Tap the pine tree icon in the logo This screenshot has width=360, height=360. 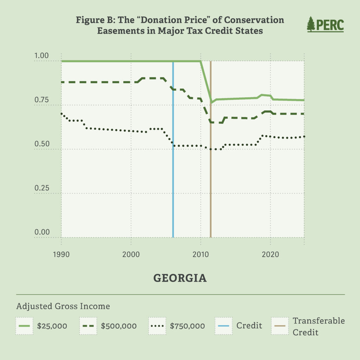click(x=311, y=24)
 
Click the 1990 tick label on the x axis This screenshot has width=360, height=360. click(x=61, y=254)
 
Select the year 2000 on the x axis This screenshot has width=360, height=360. click(x=131, y=254)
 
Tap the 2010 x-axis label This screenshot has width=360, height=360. click(x=200, y=254)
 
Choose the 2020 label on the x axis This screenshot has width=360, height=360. click(x=270, y=254)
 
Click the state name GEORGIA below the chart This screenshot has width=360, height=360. click(x=180, y=278)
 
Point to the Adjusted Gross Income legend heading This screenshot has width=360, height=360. click(x=63, y=306)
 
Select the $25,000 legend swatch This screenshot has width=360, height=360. click(x=25, y=326)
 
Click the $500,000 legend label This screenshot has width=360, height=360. click(x=118, y=326)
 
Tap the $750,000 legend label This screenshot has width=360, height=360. click(x=187, y=326)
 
